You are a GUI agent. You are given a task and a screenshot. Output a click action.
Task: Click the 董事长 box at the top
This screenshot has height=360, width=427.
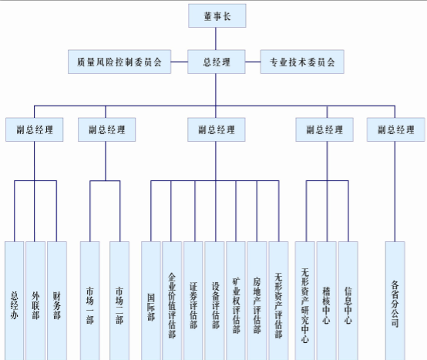tap(217, 15)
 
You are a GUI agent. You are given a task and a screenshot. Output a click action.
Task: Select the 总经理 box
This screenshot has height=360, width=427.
tap(217, 62)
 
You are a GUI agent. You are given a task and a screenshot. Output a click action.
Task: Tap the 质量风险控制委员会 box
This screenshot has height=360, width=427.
tap(119, 62)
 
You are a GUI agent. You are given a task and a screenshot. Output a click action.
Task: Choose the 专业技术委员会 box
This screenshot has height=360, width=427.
tap(302, 62)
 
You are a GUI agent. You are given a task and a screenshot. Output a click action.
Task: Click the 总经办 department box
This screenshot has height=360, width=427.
tap(15, 301)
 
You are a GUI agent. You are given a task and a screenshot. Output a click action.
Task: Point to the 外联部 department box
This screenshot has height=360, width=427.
tap(35, 301)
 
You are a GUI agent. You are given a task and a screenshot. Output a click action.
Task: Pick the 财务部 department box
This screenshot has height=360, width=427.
tap(57, 301)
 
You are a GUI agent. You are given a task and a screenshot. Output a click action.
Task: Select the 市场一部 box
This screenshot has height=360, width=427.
tap(90, 301)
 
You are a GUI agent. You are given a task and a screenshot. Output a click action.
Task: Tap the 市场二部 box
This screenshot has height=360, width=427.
tap(119, 301)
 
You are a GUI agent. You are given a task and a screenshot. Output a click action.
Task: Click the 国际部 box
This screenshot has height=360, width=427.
tap(151, 301)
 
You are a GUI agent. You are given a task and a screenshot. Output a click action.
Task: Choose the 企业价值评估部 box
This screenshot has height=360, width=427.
tap(172, 301)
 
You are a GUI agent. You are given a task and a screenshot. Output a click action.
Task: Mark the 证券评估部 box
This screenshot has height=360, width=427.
tap(193, 301)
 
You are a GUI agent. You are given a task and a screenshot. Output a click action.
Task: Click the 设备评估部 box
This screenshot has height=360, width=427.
tap(214, 301)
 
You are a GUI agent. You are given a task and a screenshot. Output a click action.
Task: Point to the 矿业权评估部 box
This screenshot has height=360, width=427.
tap(236, 301)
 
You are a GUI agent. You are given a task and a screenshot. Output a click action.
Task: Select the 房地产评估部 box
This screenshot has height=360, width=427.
tap(257, 301)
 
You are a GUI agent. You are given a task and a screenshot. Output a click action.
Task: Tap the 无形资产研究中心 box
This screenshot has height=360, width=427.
tap(304, 301)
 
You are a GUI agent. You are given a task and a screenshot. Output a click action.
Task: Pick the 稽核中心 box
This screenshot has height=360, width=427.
tap(326, 301)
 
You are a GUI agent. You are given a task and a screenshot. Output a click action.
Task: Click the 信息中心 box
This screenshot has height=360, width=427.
tap(348, 301)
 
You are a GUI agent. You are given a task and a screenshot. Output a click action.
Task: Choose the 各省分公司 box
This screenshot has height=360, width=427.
tap(395, 301)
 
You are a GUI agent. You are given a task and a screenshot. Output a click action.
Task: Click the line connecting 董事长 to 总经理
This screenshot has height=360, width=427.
tap(216, 39)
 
